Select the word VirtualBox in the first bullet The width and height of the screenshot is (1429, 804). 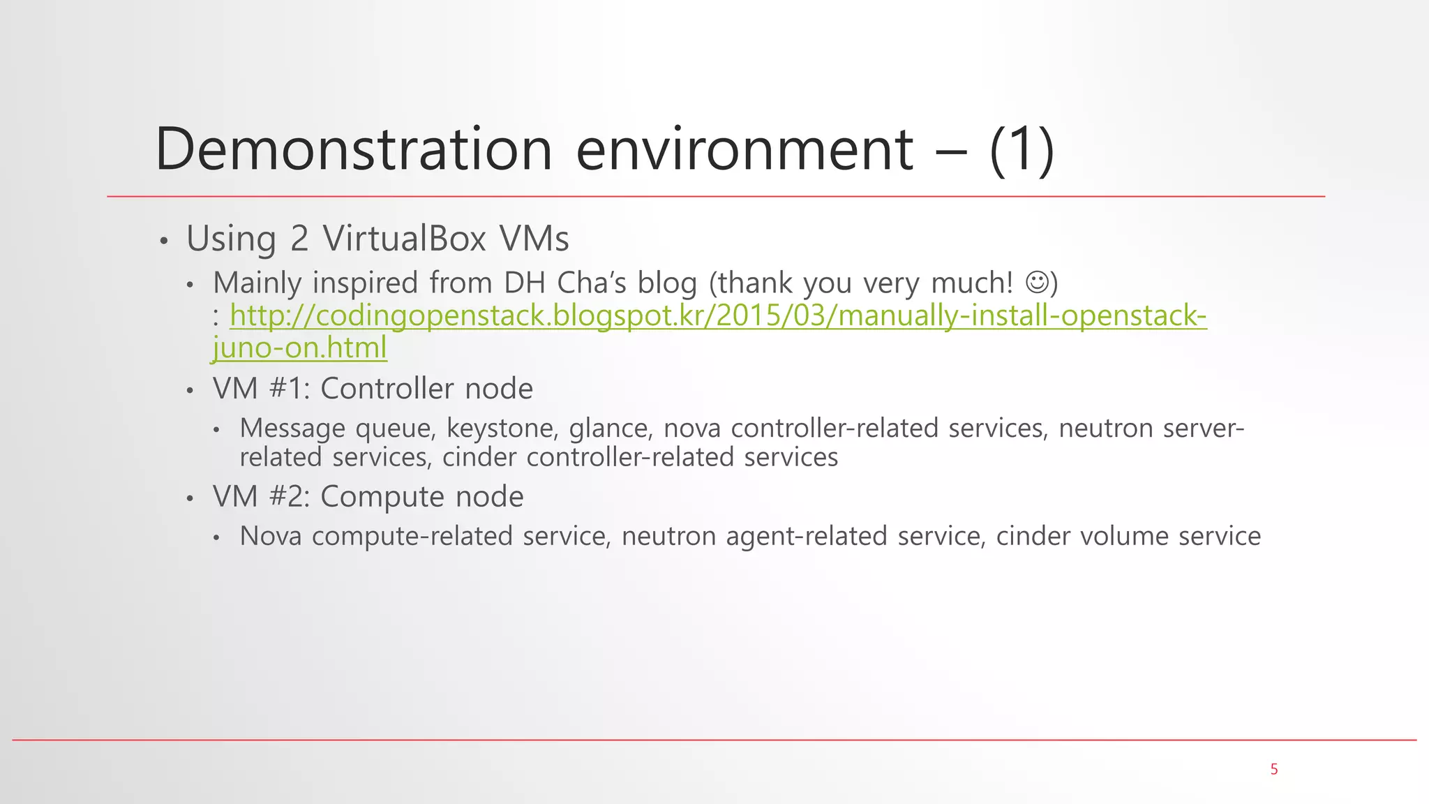pyautogui.click(x=405, y=239)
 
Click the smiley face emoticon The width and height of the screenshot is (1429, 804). pyautogui.click(x=1036, y=283)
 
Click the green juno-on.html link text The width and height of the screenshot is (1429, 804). pyautogui.click(x=300, y=348)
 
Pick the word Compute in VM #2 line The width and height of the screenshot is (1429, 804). pyautogui.click(x=382, y=497)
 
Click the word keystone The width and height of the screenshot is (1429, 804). pyautogui.click(x=502, y=428)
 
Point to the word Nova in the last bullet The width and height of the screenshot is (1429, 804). pyautogui.click(x=271, y=536)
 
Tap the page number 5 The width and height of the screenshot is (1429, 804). pyautogui.click(x=1274, y=769)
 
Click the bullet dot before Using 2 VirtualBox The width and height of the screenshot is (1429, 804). pyautogui.click(x=164, y=241)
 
